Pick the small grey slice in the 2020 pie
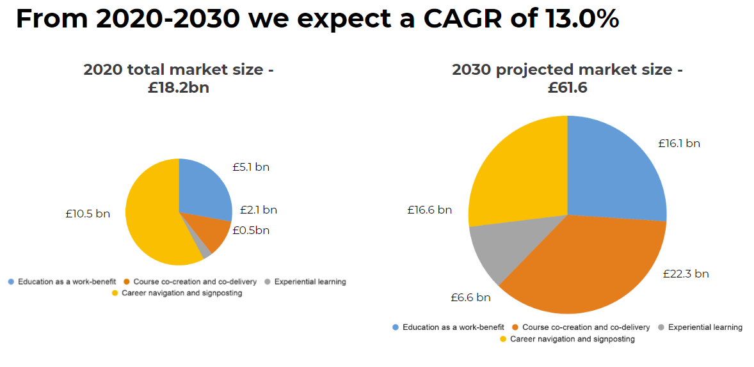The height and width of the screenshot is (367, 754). tap(205, 251)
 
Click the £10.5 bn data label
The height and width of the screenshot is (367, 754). tap(88, 214)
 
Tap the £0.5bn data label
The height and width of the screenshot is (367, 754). tap(251, 230)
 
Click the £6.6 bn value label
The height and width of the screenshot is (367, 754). tap(470, 297)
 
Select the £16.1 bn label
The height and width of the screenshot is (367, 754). tap(679, 143)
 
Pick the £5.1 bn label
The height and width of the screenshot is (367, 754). tap(251, 168)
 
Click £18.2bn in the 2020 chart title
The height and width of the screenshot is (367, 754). tap(179, 88)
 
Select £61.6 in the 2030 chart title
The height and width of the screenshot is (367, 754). tap(567, 88)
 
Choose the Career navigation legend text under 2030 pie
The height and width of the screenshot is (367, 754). tap(572, 339)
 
